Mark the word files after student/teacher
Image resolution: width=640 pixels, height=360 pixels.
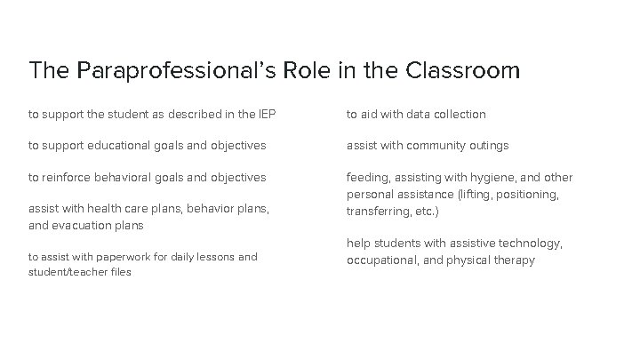(118, 272)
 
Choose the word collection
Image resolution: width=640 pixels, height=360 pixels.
(458, 114)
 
